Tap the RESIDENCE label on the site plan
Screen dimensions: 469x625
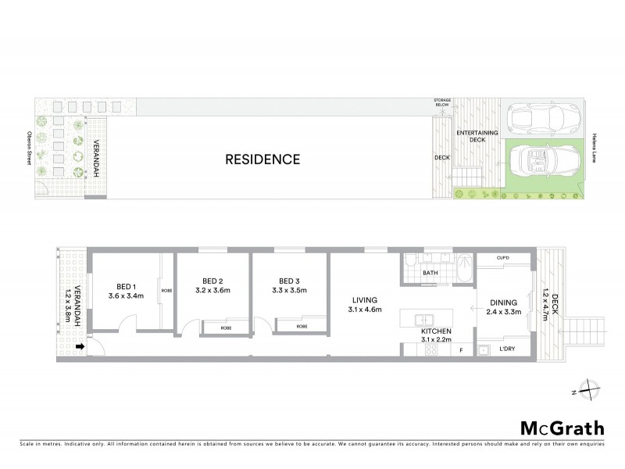pyautogui.click(x=262, y=159)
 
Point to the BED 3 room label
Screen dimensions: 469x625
pyautogui.click(x=290, y=281)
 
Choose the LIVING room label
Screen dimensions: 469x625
pyautogui.click(x=365, y=299)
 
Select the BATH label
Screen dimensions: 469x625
pyautogui.click(x=430, y=273)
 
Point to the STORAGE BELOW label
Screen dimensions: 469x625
pyautogui.click(x=442, y=104)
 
